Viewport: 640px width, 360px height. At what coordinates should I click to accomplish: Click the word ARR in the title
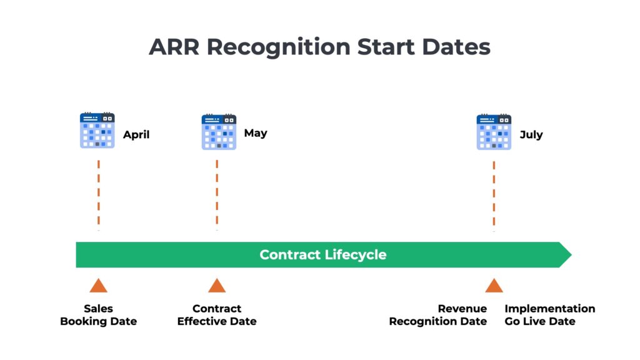[x=173, y=47]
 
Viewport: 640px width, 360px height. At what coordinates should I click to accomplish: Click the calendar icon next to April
[x=97, y=131]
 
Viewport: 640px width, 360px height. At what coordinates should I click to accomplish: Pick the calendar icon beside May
[x=219, y=132]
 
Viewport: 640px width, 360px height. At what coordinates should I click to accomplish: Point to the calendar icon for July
[x=494, y=132]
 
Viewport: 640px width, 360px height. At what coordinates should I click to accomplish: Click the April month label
[x=136, y=134]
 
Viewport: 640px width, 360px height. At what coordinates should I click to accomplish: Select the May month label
[x=256, y=133]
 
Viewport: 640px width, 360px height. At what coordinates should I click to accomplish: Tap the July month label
[x=531, y=134]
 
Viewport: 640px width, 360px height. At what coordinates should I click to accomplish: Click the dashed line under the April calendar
[x=98, y=194]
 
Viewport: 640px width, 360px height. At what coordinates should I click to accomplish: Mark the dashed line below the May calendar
[x=217, y=194]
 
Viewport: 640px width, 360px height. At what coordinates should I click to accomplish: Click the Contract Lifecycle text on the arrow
[x=323, y=255]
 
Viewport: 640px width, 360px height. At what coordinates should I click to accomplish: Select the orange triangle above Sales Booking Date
[x=98, y=286]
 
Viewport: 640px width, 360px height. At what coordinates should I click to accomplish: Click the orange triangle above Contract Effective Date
[x=217, y=286]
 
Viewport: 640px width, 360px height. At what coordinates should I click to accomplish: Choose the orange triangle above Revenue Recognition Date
[x=494, y=286]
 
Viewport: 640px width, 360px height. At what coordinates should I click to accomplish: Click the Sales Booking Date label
[x=98, y=315]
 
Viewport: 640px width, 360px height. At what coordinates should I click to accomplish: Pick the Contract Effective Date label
[x=217, y=315]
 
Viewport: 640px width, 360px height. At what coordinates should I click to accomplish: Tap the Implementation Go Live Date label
[x=549, y=315]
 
